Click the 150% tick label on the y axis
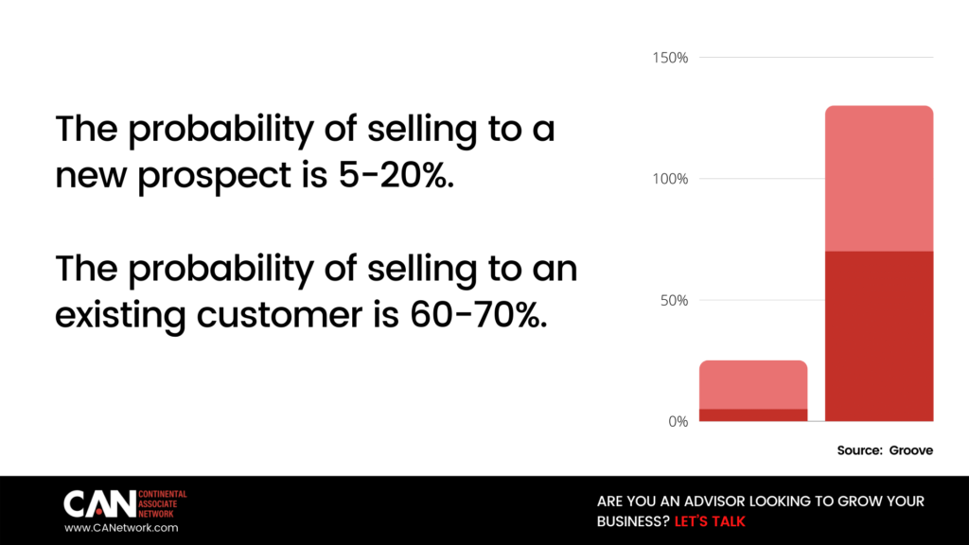pos(670,58)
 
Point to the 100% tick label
pos(670,179)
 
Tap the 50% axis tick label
pos(674,301)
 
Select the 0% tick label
pos(678,421)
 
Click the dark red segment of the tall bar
pos(879,336)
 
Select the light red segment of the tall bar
pos(879,179)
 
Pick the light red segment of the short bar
pos(753,384)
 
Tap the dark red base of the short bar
pos(753,415)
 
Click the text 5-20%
pos(396,175)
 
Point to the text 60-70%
pos(478,314)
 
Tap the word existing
pos(120,316)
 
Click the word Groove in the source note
pos(911,450)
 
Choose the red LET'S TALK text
pos(710,521)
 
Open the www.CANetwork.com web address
pos(121,528)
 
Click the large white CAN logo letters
pos(99,504)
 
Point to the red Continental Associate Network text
pos(162,504)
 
